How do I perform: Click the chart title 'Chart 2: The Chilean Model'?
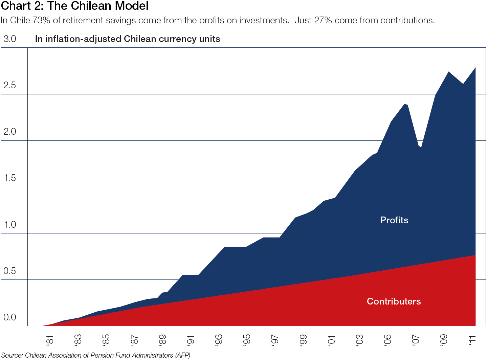tap(75, 6)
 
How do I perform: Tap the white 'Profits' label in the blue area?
tap(394, 220)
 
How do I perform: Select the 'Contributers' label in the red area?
tap(394, 301)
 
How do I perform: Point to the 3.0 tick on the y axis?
tap(10, 39)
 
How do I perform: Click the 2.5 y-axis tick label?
tap(10, 85)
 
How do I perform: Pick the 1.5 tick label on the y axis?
tap(10, 178)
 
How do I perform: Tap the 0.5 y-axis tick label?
tap(10, 271)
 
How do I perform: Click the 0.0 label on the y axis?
tap(10, 317)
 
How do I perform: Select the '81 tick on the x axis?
tap(50, 340)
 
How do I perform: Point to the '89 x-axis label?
tap(162, 340)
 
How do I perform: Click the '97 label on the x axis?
tap(275, 340)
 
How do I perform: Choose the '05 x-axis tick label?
tap(388, 340)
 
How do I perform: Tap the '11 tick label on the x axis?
tap(472, 340)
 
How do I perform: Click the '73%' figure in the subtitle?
tap(41, 21)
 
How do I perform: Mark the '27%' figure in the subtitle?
tap(323, 21)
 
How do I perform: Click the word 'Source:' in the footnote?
tap(12, 355)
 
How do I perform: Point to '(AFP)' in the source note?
tap(183, 355)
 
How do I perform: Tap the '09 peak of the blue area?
tap(448, 72)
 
